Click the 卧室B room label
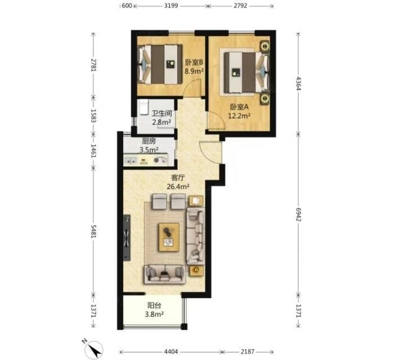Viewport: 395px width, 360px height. tap(194, 62)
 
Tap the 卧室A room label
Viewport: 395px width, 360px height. tap(239, 107)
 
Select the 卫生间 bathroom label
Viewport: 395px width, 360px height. tap(161, 114)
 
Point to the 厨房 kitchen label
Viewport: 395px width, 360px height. tap(149, 141)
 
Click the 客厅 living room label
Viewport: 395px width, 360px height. tap(178, 178)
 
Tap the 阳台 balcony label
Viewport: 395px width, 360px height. tap(154, 305)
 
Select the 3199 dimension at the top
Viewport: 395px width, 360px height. tap(171, 6)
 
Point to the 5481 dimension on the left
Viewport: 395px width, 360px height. tap(93, 231)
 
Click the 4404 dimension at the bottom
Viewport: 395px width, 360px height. tap(171, 352)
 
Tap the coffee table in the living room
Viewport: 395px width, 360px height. tap(169, 237)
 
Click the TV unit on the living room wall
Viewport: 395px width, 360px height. tap(127, 237)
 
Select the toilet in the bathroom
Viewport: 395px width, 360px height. tap(143, 107)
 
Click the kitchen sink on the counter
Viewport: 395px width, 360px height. tap(131, 160)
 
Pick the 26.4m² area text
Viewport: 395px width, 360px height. tap(178, 187)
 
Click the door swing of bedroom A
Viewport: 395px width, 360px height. tap(216, 120)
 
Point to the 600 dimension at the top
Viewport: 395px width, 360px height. tap(127, 6)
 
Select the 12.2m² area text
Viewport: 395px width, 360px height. tap(239, 116)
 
